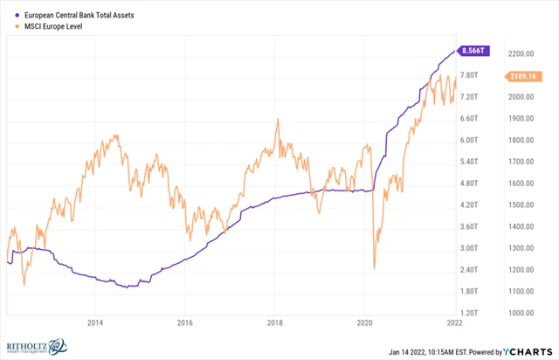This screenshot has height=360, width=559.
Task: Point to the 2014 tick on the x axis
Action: [x=95, y=322]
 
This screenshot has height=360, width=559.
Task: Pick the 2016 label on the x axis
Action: [x=185, y=322]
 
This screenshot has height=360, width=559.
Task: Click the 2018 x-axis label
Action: [x=275, y=322]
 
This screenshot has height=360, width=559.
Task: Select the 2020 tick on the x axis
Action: [x=365, y=322]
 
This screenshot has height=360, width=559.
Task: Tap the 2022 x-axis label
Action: [x=455, y=322]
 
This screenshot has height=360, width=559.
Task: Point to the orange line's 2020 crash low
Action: [x=374, y=268]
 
